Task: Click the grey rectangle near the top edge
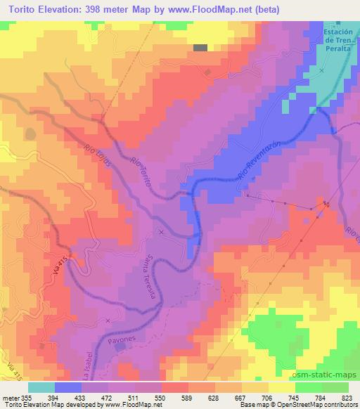[201, 48]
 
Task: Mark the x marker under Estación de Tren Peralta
[323, 71]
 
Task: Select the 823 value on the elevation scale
[346, 398]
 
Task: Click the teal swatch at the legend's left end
[41, 387]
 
